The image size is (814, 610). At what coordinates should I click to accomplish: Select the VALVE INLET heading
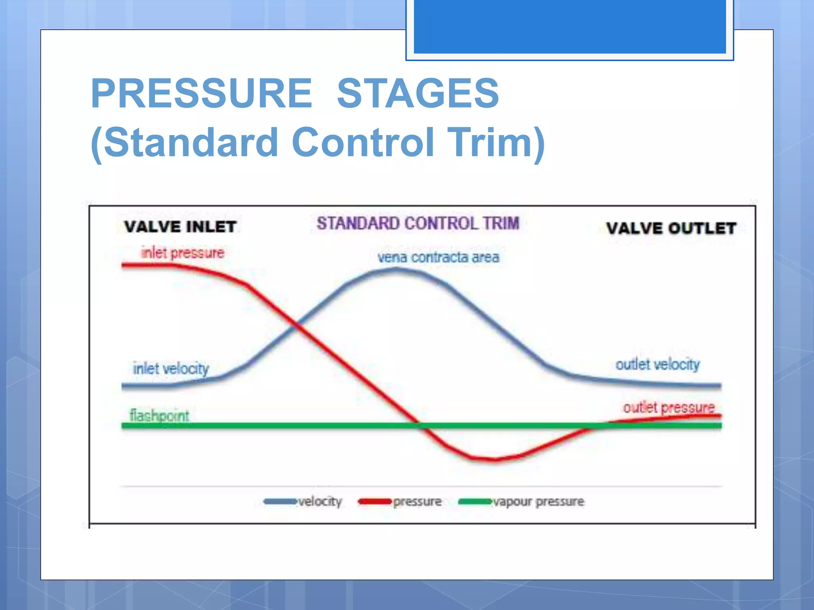tap(180, 227)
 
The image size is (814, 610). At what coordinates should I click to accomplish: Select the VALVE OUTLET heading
tap(671, 228)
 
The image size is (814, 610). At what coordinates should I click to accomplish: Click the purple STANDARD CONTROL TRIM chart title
tap(418, 223)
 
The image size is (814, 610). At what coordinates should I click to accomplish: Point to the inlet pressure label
tap(183, 253)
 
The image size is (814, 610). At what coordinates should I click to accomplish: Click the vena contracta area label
tap(438, 257)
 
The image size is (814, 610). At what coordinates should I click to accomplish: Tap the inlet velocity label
tap(171, 369)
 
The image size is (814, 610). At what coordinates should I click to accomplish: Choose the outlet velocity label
tap(657, 364)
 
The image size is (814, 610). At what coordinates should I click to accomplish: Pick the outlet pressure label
tap(669, 407)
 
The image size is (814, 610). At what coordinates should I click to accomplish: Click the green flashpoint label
tap(159, 415)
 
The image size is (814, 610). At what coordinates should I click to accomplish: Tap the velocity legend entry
tap(303, 502)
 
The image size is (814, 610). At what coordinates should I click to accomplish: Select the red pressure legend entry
tap(399, 502)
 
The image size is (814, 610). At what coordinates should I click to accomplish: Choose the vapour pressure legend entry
tap(521, 502)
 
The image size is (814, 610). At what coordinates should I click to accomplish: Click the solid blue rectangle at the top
tap(570, 26)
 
